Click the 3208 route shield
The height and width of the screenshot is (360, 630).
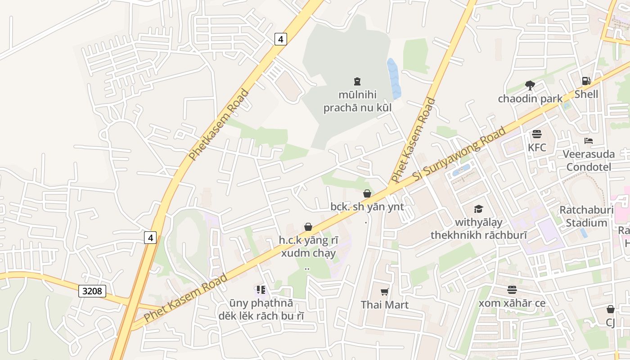point(92,291)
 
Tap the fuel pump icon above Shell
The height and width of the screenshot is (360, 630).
point(586,81)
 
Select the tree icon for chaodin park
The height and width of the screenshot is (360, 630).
point(530,85)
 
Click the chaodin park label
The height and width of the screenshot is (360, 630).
point(530,99)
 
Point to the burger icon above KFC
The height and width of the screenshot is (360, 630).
point(537,134)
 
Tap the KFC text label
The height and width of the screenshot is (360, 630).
point(537,147)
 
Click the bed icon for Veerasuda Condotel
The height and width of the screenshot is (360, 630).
point(589,141)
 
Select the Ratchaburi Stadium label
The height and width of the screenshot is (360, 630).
point(586,216)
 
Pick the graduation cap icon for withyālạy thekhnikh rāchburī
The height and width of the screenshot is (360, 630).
point(478,209)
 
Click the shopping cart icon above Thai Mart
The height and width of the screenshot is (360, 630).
point(385,292)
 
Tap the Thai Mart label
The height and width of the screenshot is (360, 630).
point(385,305)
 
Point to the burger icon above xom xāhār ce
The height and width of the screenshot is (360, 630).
point(512,290)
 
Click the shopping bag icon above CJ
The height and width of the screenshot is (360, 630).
point(611,309)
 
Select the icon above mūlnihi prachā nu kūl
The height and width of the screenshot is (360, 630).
point(357,81)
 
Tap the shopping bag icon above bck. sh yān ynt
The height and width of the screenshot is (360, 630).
point(367,193)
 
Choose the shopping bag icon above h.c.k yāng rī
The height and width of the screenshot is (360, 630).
point(308,227)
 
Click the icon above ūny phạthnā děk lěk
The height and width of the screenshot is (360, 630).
point(261,290)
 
